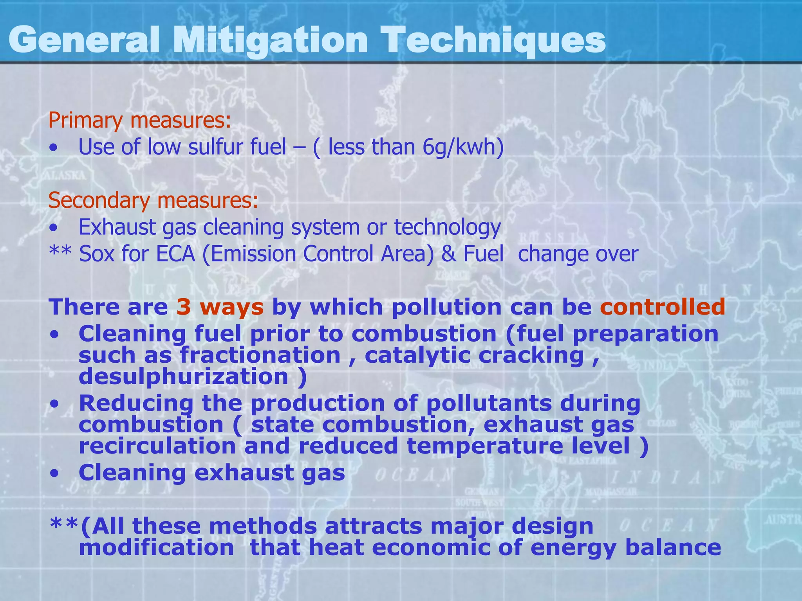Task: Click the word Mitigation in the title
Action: (270, 40)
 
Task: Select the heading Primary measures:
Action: (139, 120)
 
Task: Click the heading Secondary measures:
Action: (153, 200)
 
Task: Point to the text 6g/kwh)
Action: (463, 147)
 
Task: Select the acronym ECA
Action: (175, 254)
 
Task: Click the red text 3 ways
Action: (220, 307)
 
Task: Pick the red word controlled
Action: (663, 307)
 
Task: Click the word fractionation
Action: (260, 355)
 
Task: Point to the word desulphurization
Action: (184, 376)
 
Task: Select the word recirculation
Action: (157, 446)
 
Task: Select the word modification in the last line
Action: (156, 547)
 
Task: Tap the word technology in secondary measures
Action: (447, 227)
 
